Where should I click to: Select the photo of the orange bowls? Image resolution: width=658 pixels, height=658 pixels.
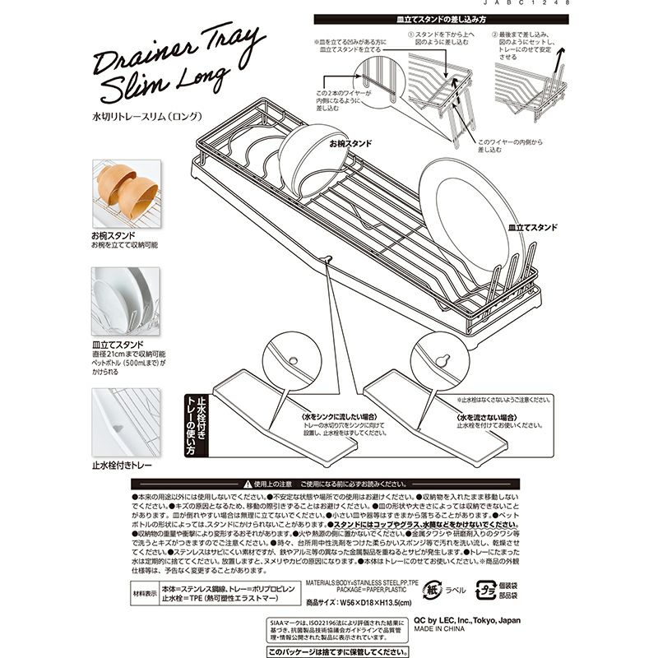(x=123, y=193)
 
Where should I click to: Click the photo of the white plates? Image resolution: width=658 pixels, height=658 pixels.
(x=123, y=300)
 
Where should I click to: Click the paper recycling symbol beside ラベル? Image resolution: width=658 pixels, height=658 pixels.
(x=433, y=590)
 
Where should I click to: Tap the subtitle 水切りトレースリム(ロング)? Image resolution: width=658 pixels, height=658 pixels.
(x=148, y=116)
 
